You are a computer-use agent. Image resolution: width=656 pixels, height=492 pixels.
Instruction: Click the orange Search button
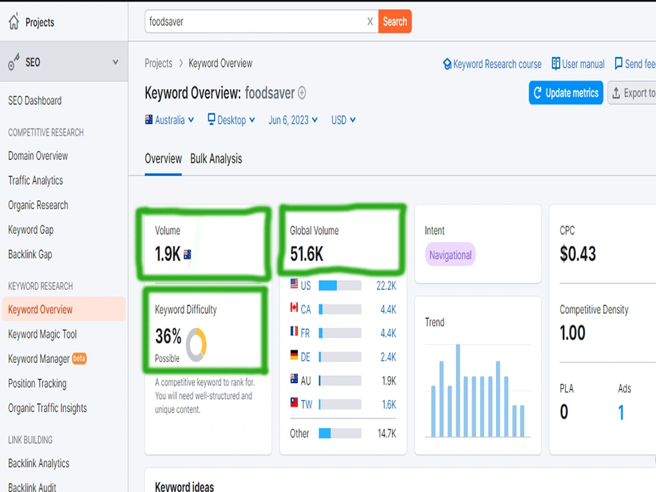tap(394, 22)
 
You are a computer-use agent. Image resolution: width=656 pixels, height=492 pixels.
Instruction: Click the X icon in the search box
tap(370, 22)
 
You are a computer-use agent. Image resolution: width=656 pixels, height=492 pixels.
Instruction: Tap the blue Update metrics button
tap(565, 92)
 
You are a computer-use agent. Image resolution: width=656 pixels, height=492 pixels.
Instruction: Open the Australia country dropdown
tap(169, 120)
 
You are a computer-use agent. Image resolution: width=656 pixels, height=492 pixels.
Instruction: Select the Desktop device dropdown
tap(232, 120)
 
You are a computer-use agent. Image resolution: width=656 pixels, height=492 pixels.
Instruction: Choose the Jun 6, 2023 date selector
tap(293, 120)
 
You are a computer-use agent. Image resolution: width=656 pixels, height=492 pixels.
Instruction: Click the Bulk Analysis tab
tap(216, 159)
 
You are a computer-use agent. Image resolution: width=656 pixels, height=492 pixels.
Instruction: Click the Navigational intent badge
tap(450, 255)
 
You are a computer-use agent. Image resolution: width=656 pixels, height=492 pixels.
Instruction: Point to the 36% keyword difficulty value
tap(168, 336)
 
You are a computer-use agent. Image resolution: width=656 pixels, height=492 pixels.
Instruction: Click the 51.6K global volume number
tap(306, 254)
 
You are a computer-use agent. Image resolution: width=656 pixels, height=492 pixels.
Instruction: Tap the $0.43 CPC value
tap(578, 253)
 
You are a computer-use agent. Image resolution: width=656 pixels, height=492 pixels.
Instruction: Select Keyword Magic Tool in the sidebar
tap(42, 335)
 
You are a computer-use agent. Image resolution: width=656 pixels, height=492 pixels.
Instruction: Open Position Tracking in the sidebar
tap(37, 384)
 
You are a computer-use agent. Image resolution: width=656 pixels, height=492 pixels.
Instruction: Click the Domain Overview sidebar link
tap(38, 156)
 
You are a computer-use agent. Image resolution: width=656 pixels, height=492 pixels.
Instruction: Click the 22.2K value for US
tap(386, 286)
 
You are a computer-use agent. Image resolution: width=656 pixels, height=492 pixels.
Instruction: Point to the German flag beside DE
tap(294, 355)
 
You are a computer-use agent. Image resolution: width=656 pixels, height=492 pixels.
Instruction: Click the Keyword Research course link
tap(492, 64)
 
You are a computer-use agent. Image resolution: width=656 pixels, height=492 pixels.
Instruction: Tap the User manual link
tap(578, 64)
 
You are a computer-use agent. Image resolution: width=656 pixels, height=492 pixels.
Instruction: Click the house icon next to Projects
tap(14, 22)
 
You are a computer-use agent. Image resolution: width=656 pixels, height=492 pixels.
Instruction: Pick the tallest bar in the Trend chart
tap(458, 390)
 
